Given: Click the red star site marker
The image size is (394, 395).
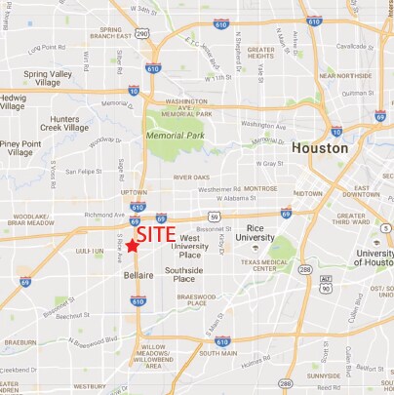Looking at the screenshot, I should [132, 246].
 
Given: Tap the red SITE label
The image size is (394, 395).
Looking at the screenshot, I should [156, 235].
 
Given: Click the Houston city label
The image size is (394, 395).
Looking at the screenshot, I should [319, 149].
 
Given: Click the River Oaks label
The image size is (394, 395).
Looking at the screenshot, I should [191, 178].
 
